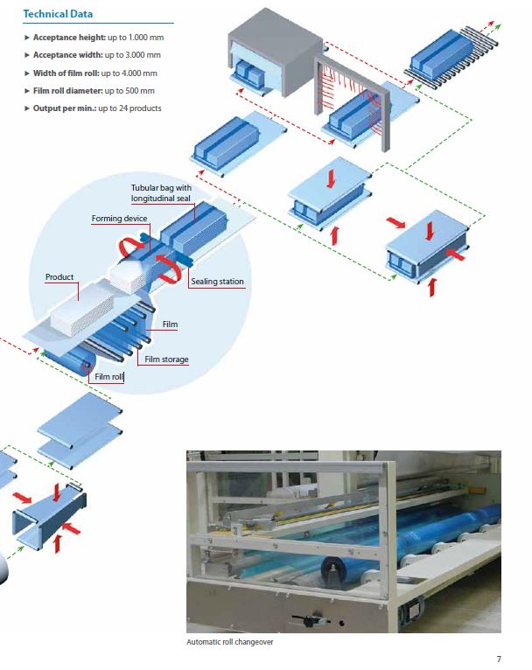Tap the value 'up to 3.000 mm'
point(131,55)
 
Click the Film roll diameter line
point(94,90)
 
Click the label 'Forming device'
point(119,219)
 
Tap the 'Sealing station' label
point(217,282)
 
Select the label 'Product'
point(60,277)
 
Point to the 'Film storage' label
point(166,359)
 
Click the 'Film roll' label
point(109,376)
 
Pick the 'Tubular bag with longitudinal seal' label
point(161,192)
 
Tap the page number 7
point(499,659)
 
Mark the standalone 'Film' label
point(171,325)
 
